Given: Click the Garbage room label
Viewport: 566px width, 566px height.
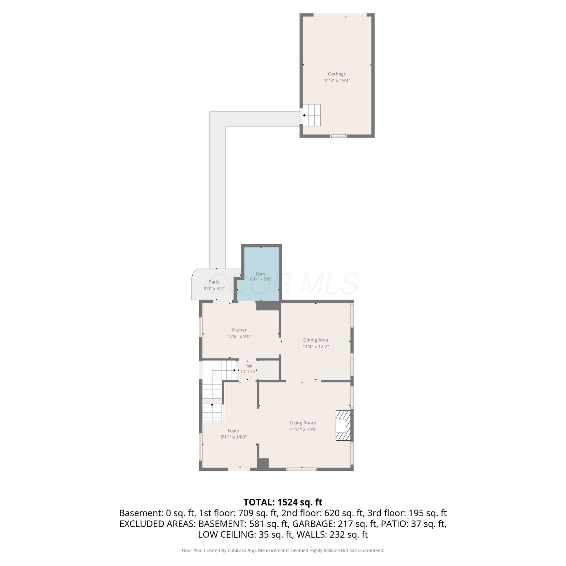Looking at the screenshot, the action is tap(337, 74).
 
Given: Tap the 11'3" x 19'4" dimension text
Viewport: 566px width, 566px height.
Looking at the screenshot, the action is tap(337, 80).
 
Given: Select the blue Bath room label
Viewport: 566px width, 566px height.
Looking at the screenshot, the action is tap(260, 274).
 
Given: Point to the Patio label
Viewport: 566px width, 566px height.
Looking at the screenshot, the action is tap(214, 282).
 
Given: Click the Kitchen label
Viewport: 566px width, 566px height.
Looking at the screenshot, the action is tap(239, 330).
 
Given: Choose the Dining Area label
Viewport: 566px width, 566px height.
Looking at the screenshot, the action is tap(315, 340).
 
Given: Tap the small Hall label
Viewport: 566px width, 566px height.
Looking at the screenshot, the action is tap(249, 366).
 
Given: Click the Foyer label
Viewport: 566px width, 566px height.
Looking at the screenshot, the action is tap(234, 431).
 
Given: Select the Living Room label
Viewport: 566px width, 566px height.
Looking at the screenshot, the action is tap(303, 423).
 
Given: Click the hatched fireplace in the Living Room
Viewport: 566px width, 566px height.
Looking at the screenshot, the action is tap(343, 425).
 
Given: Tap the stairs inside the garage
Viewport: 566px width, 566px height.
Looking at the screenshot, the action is tap(312, 115).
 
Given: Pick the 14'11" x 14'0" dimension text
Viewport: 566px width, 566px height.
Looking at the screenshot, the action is tap(303, 429).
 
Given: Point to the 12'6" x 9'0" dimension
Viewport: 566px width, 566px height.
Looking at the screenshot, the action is tap(239, 337).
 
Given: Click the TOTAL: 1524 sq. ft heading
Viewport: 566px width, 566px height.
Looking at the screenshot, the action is tap(283, 502).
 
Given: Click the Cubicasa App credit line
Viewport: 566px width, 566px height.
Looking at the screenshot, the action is tap(283, 551).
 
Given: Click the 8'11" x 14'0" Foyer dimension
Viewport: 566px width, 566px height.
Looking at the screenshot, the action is tap(234, 437).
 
